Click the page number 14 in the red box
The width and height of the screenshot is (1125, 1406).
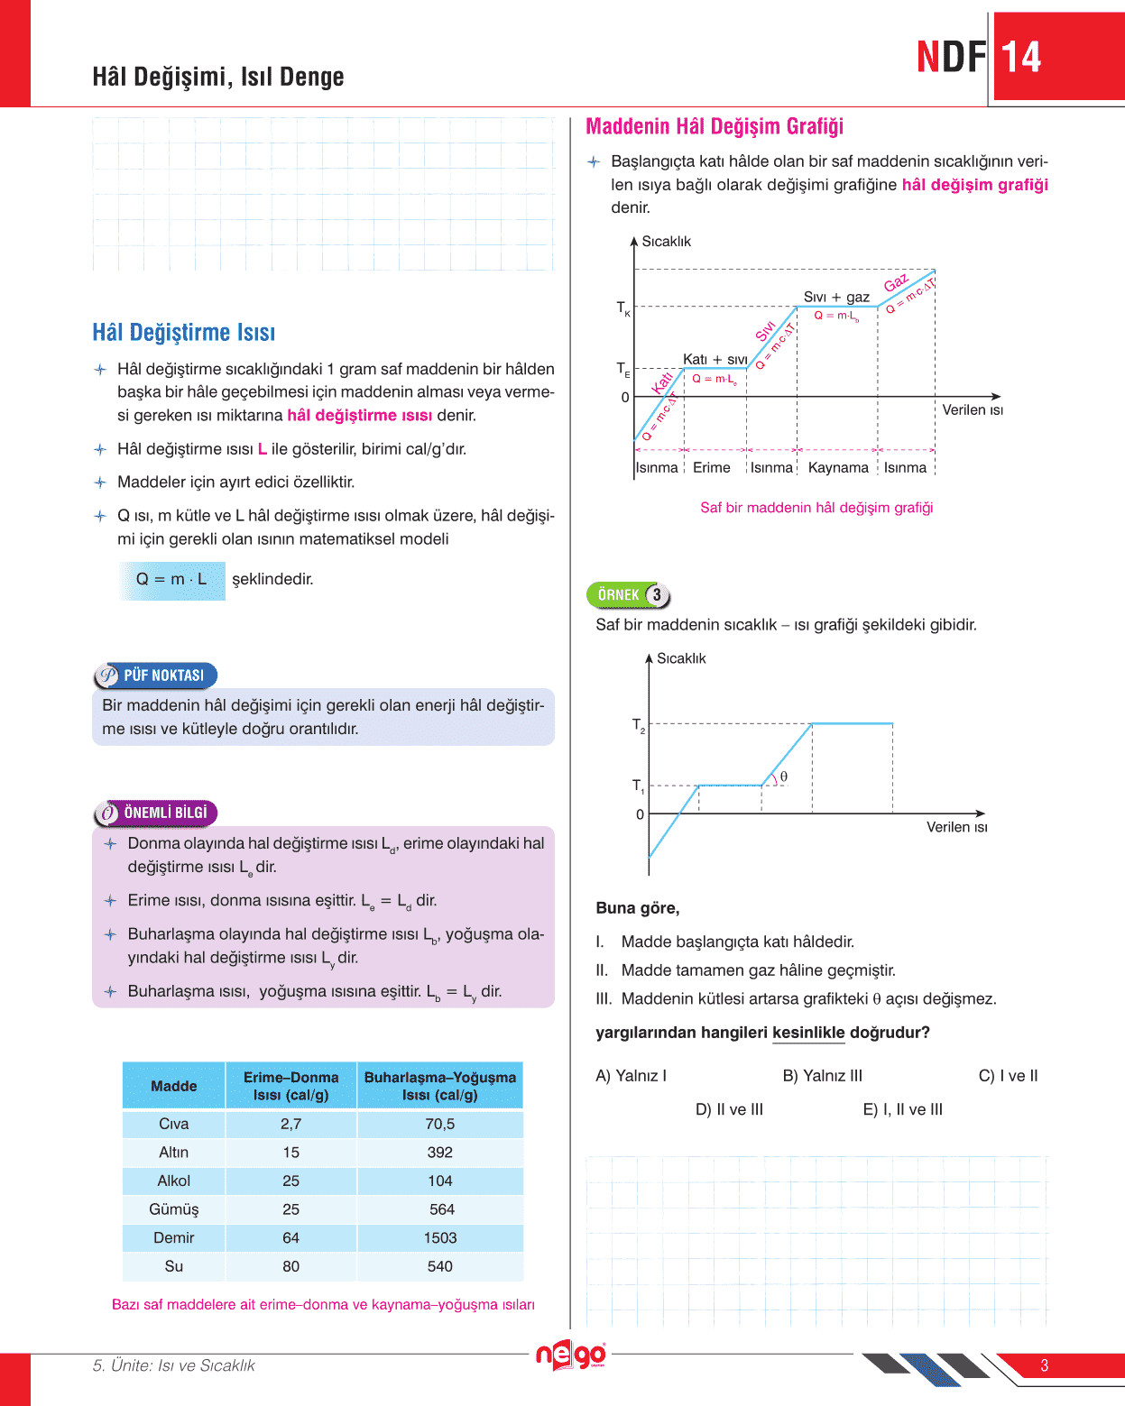point(1021,58)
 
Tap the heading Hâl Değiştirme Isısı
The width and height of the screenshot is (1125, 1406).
point(183,333)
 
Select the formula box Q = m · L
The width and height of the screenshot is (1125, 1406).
point(171,580)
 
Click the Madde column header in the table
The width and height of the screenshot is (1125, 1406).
point(173,1086)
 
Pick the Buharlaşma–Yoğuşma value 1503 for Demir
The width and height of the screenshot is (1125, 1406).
point(440,1237)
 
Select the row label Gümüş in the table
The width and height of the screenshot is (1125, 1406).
point(173,1209)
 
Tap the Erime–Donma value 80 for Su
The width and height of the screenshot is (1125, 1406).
point(290,1266)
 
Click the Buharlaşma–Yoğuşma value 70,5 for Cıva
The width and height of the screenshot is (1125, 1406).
point(440,1124)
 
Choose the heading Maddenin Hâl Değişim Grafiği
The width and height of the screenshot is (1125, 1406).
point(715,126)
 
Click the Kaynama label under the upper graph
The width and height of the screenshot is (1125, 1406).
point(838,467)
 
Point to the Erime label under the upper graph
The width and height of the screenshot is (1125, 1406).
point(712,467)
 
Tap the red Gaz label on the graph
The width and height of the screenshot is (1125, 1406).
point(896,283)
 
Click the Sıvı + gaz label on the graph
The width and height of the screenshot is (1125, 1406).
point(836,297)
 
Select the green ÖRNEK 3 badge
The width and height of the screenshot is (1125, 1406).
point(629,595)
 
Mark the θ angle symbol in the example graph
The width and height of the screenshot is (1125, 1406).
point(783,777)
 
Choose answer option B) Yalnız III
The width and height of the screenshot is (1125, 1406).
point(822,1076)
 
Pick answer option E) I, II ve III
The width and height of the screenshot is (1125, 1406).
point(902,1109)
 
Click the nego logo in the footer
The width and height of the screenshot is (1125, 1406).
point(571,1355)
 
